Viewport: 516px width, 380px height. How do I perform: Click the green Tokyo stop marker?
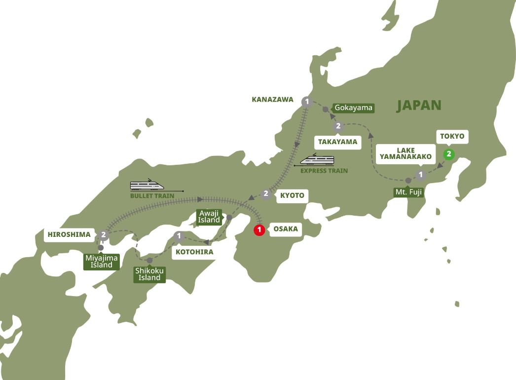point(448,154)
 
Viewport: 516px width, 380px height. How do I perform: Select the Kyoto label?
point(291,195)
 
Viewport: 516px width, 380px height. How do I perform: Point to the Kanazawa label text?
point(272,100)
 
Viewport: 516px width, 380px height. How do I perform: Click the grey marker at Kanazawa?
point(307,102)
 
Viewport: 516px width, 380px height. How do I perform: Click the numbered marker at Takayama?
point(338,126)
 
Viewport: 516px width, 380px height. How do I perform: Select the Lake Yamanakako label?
point(405,154)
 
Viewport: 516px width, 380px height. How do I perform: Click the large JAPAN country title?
point(419,105)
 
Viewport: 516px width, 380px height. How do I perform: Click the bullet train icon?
point(147,185)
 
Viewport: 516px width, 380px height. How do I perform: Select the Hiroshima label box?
point(70,235)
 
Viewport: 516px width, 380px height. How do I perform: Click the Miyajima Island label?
point(101,261)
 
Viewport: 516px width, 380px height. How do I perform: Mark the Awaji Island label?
point(209,216)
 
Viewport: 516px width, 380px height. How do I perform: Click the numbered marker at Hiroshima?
point(103,235)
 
